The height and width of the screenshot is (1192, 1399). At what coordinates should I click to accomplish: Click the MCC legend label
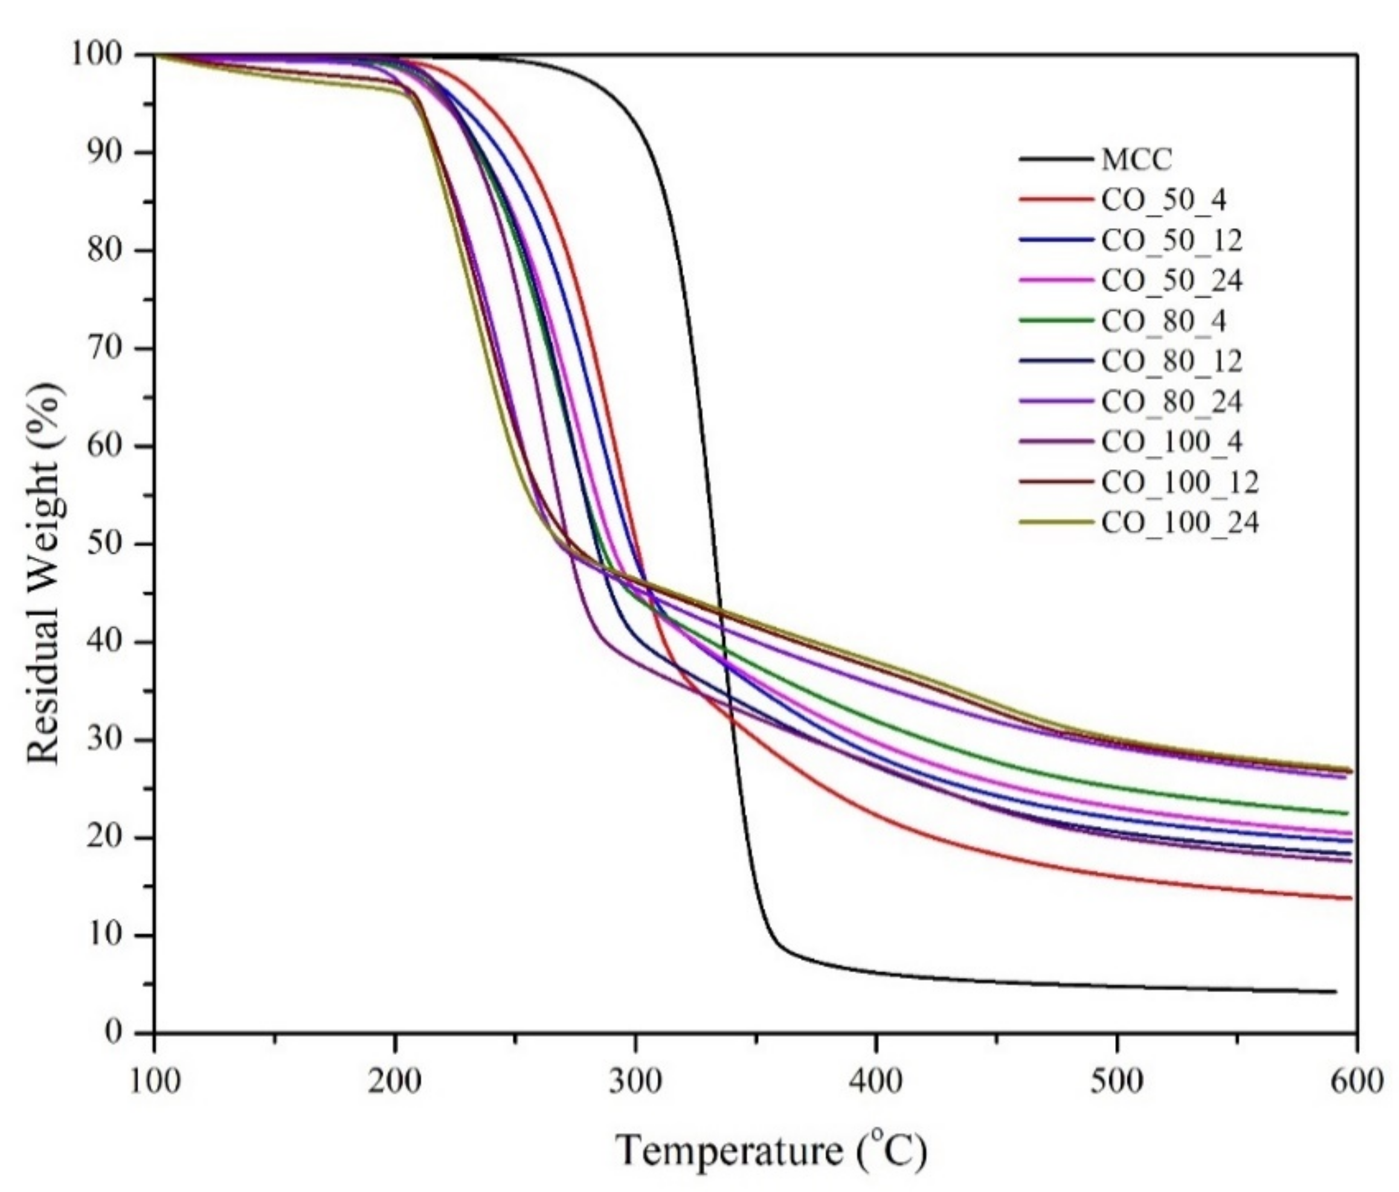(x=1137, y=160)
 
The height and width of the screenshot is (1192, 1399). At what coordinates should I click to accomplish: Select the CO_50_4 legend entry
(x=1164, y=200)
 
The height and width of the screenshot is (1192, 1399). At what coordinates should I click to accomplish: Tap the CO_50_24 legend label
(x=1172, y=280)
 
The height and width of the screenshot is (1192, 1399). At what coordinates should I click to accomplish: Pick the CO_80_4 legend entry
(x=1164, y=321)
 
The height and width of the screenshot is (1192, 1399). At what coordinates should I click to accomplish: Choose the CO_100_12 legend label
(x=1180, y=482)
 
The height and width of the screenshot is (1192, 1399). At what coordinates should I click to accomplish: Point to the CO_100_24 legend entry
(x=1180, y=522)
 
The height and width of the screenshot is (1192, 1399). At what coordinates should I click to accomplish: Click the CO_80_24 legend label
(x=1172, y=402)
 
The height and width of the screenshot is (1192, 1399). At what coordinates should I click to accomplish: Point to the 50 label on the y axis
(x=105, y=544)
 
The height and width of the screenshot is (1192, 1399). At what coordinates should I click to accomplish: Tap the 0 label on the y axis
(x=115, y=1033)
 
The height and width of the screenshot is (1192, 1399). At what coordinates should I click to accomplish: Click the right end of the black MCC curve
(x=1335, y=992)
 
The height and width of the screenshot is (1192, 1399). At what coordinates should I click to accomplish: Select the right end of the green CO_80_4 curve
(x=1347, y=813)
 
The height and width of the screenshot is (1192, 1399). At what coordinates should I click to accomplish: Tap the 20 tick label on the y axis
(x=105, y=838)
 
